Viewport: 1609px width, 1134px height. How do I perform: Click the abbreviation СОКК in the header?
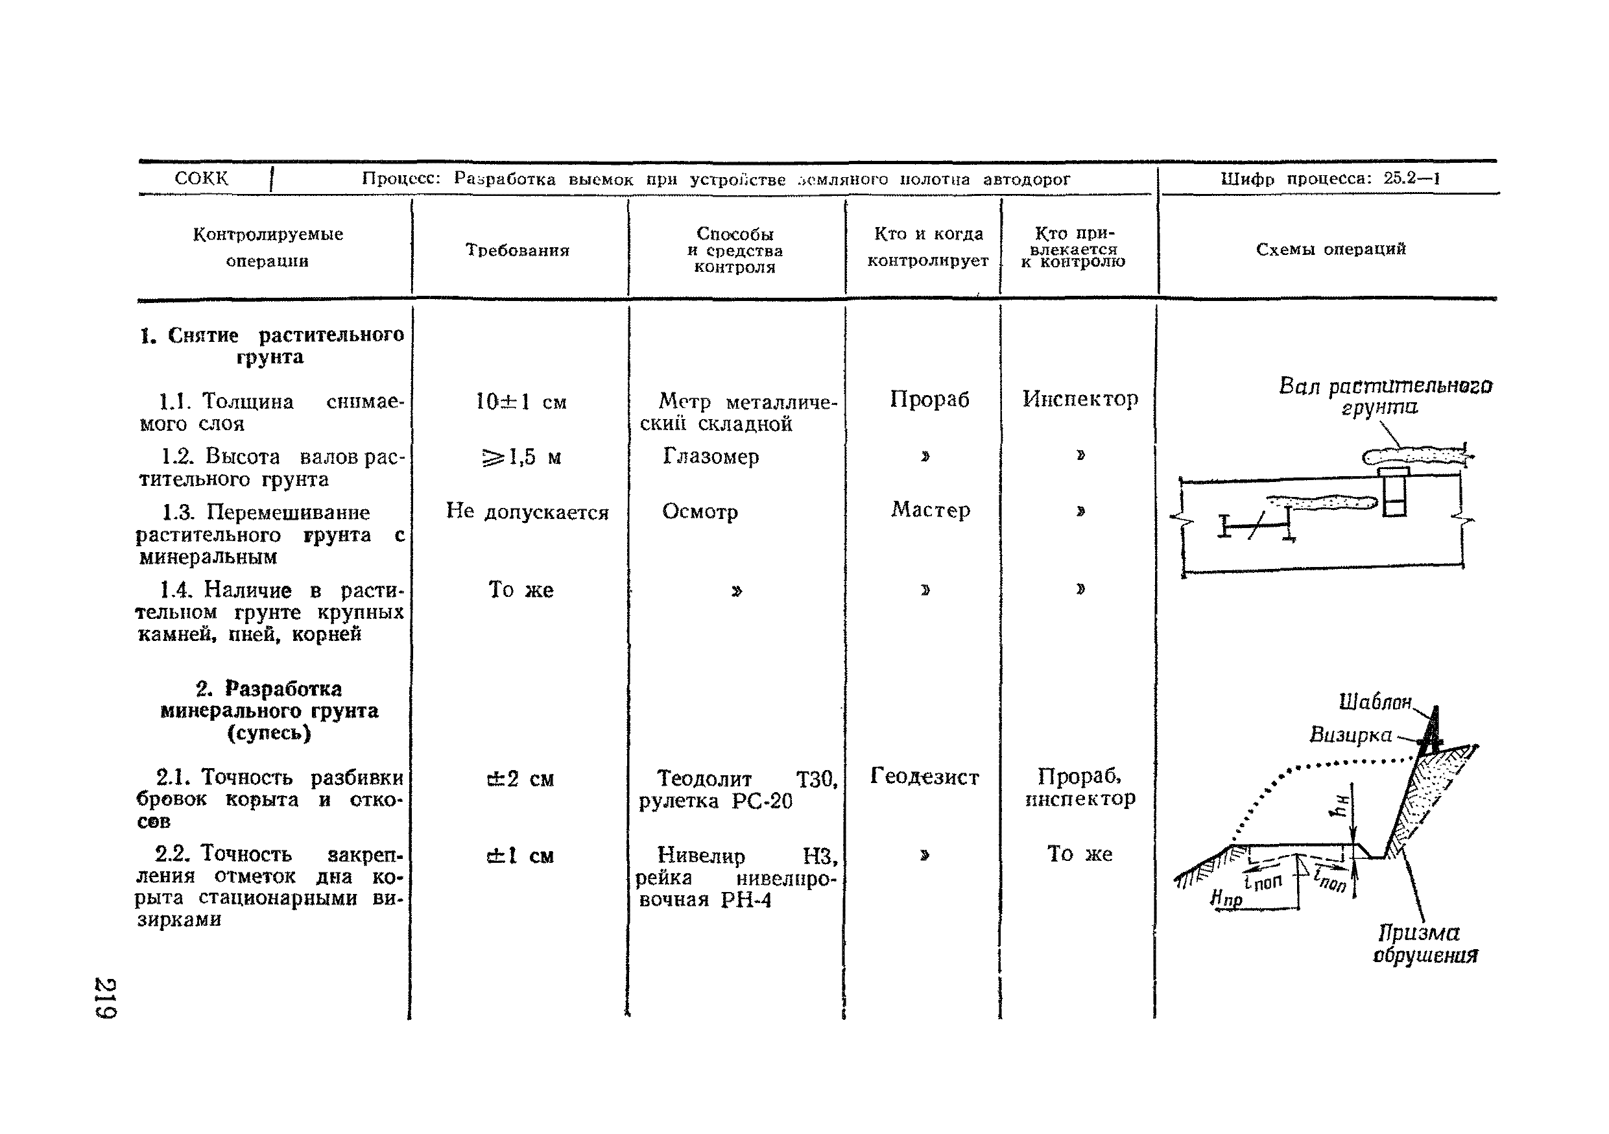tap(201, 178)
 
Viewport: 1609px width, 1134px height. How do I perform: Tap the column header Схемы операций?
tap(1330, 249)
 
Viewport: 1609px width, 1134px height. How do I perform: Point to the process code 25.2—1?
tap(1411, 178)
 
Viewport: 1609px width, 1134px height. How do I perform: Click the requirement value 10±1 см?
tap(521, 402)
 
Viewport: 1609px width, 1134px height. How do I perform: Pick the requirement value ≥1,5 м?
tap(522, 457)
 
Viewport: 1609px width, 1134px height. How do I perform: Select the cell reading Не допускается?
tap(527, 512)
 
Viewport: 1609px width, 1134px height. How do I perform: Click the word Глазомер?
tap(711, 456)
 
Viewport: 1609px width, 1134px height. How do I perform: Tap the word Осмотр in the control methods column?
tap(699, 512)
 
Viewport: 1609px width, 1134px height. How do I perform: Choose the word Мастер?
tap(930, 509)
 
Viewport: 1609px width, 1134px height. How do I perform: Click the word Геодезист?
tap(924, 776)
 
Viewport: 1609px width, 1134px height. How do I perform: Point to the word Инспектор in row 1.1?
tap(1080, 399)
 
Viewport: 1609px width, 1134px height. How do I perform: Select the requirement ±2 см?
tap(520, 778)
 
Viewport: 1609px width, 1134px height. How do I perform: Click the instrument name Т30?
tap(816, 778)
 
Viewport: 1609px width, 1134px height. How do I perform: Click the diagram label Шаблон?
tap(1374, 701)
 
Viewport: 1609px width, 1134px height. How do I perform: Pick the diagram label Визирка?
tap(1350, 734)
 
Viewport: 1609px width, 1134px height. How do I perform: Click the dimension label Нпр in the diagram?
tap(1226, 899)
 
